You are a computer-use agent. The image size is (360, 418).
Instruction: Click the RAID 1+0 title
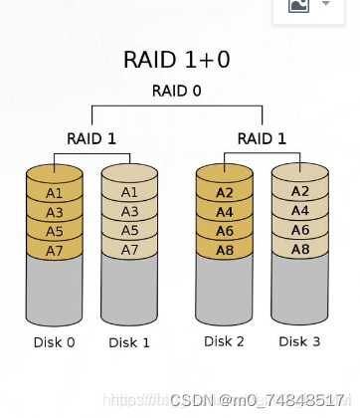click(x=177, y=60)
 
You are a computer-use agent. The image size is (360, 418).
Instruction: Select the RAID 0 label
click(x=177, y=92)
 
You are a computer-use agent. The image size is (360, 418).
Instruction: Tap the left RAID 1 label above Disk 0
click(x=91, y=138)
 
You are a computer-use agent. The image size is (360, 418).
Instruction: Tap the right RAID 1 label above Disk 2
click(x=263, y=138)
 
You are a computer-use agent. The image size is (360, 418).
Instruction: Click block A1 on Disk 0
click(x=54, y=193)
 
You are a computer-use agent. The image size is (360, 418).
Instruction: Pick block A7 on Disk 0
click(x=54, y=249)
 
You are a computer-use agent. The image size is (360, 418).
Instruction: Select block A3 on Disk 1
click(x=129, y=211)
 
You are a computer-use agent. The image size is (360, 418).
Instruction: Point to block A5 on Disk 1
click(x=129, y=230)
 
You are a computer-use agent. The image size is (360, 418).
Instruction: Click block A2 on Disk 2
click(x=225, y=192)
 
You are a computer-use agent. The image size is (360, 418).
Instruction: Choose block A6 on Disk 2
click(x=225, y=230)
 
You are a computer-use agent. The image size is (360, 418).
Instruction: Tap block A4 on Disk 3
click(x=299, y=210)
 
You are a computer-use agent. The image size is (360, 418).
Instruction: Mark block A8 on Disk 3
click(x=299, y=248)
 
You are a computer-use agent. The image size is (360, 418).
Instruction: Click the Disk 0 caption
click(x=54, y=343)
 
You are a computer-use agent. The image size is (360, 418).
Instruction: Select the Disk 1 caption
click(x=129, y=343)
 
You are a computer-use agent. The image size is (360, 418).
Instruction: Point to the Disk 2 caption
click(x=225, y=341)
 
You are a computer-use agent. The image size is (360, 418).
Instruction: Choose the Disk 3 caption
click(x=299, y=341)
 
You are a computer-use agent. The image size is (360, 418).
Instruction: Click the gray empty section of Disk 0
click(x=54, y=291)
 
